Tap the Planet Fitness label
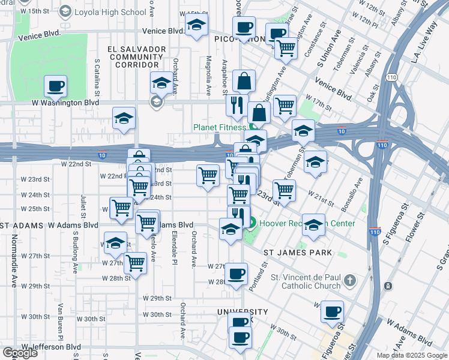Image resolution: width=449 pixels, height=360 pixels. (219, 127)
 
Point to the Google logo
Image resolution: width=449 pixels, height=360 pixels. (20, 352)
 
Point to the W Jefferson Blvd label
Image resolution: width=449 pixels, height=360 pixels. (51, 347)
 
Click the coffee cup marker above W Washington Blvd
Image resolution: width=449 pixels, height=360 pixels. (56, 86)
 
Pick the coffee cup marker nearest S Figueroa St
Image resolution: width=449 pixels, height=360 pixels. (332, 312)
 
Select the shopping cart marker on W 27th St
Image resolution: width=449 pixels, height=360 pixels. (136, 262)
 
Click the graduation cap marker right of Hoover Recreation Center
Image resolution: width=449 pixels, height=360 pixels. (313, 226)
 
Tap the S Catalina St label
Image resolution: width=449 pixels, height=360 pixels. (97, 77)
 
